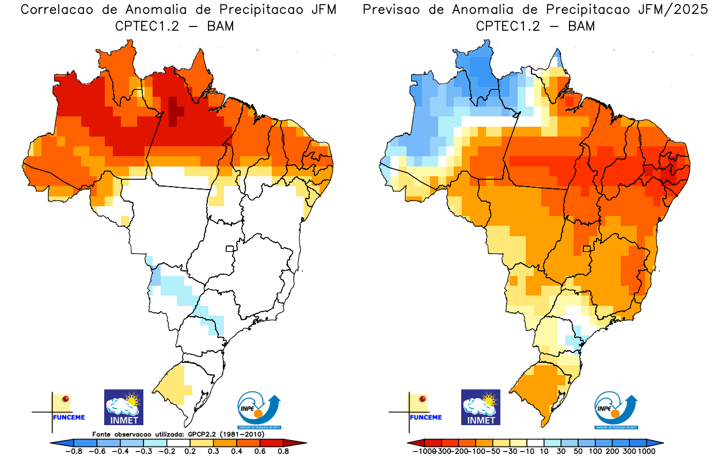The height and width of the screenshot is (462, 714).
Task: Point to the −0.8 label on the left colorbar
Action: click(73, 452)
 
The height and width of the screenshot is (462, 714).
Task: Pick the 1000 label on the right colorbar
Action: click(645, 452)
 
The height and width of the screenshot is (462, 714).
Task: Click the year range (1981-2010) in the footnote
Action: click(242, 434)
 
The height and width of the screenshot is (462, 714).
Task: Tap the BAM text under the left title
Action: click(221, 26)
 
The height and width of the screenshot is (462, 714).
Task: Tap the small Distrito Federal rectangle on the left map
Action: click(230, 249)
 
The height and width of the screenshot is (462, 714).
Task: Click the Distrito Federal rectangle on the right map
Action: click(587, 249)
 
